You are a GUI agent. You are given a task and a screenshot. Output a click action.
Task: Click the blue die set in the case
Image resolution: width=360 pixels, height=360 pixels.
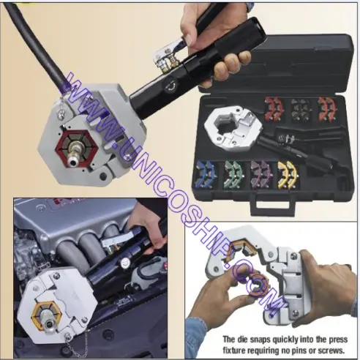(206, 175)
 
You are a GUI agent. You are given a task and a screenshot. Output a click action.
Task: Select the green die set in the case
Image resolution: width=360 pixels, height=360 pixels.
(233, 175)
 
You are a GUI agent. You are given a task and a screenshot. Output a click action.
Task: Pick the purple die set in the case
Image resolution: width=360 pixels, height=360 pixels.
(261, 175)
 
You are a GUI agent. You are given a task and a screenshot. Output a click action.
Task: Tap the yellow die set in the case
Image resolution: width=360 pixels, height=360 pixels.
(288, 175)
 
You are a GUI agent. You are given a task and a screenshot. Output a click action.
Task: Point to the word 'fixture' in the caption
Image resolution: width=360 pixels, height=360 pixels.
(234, 350)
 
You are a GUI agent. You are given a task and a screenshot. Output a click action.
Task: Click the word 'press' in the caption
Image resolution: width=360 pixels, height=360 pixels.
(339, 340)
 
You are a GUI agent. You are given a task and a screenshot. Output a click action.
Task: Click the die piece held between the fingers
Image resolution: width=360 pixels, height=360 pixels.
(258, 285)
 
